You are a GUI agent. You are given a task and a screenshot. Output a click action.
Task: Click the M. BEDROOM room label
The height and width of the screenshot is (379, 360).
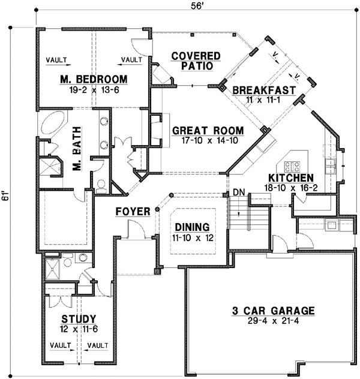point(93,79)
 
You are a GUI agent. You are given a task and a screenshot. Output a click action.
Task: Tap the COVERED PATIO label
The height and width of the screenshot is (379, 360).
point(196,61)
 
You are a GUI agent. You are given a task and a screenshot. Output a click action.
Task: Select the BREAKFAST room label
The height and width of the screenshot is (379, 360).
point(264,90)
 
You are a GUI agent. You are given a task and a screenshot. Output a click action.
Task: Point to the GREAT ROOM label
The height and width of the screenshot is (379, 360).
point(208,131)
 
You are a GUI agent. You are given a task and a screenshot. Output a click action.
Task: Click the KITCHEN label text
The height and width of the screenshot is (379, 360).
point(290,178)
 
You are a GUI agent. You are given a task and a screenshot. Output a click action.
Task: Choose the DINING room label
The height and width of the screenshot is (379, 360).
point(192,227)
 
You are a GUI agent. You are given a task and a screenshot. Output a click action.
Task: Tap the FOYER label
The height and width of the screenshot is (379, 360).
point(133,212)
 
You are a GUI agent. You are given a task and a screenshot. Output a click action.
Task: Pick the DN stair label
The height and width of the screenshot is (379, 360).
point(239,192)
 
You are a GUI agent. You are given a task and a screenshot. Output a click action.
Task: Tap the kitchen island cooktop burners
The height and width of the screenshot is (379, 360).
point(293,166)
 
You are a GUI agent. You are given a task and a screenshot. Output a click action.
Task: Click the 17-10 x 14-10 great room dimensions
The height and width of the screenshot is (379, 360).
point(208,142)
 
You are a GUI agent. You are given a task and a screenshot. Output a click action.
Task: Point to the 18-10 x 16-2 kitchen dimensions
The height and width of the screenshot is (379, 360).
point(290,188)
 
